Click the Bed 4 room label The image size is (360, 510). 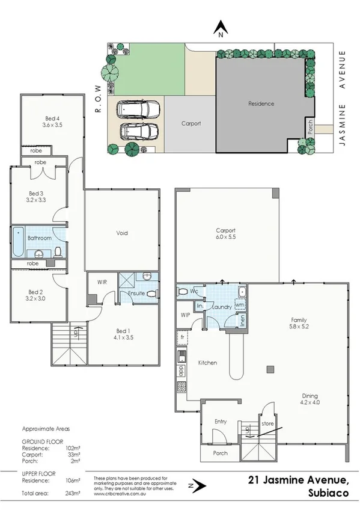point(53,118)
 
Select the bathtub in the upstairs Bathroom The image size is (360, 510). point(17,239)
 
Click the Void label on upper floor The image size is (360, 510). point(122,233)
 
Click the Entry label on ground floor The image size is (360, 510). point(221,422)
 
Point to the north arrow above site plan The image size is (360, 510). point(221,28)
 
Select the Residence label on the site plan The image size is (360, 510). point(261,103)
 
